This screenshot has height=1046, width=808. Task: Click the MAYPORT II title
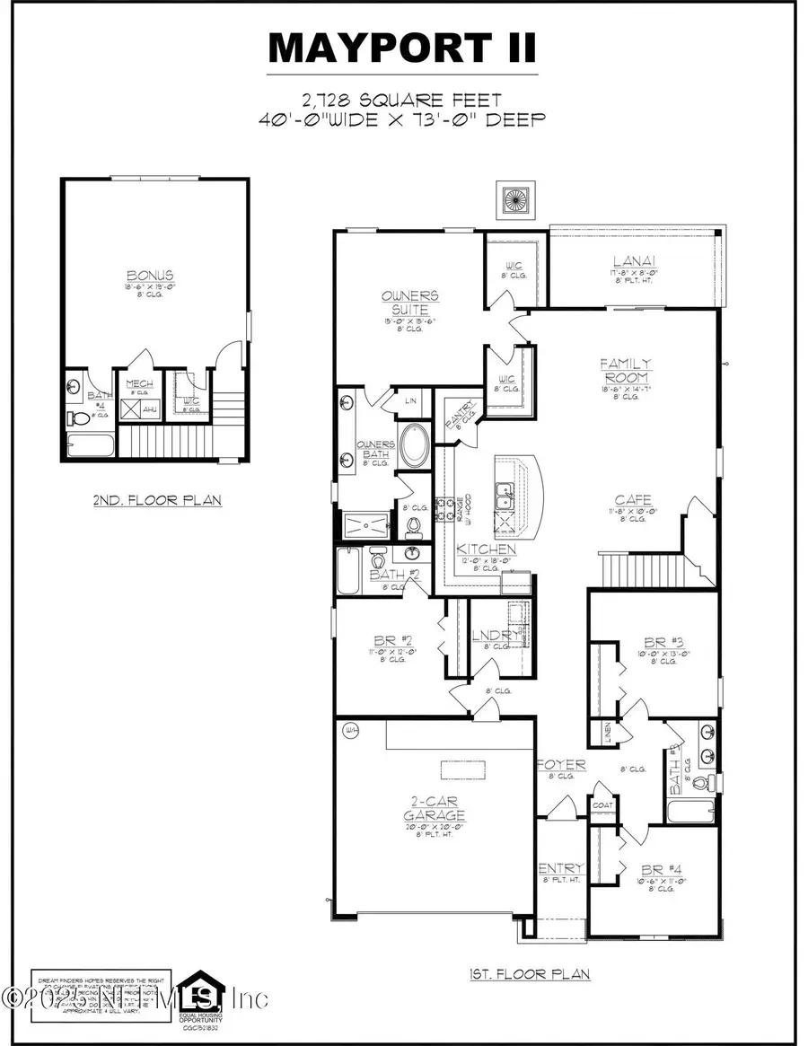coord(404,47)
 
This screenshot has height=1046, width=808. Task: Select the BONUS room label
coord(151,275)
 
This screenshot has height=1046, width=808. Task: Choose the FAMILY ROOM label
coord(626,370)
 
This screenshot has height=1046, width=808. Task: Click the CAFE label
coord(633,500)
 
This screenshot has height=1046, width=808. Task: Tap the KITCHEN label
coord(486,549)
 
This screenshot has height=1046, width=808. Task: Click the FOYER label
coord(561,765)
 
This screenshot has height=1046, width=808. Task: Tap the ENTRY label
coord(561,868)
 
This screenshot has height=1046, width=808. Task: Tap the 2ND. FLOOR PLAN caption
coord(157,500)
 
